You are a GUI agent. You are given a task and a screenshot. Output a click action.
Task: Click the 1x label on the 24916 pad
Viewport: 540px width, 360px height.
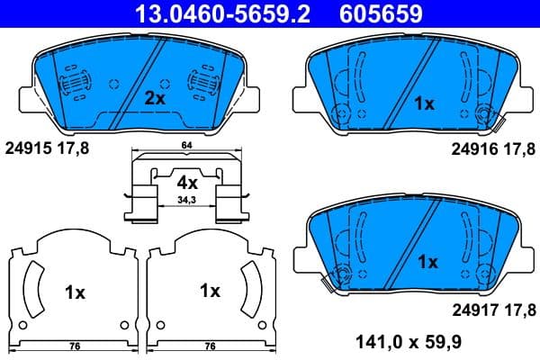423,103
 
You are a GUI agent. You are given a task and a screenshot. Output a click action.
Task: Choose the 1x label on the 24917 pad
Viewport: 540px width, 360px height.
427,262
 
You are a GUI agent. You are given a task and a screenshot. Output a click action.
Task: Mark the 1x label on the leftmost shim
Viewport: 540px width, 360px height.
74,292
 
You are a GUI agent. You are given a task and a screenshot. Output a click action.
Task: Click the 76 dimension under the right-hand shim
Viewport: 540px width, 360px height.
210,345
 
